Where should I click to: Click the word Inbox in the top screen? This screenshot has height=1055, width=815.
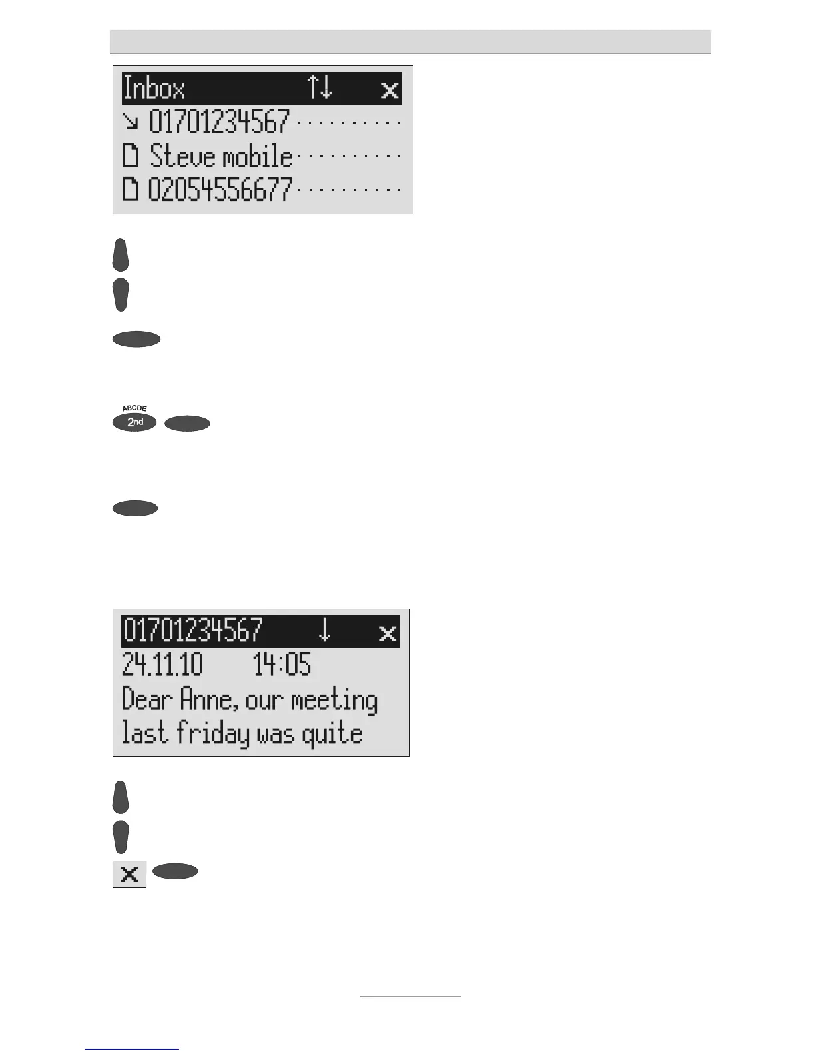click(154, 89)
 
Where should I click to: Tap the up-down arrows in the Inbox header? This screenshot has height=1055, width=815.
click(320, 88)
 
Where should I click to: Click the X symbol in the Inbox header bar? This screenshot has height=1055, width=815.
click(390, 90)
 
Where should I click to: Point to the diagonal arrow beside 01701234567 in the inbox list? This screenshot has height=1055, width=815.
click(131, 122)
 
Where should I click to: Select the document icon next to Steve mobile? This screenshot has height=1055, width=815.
click(131, 157)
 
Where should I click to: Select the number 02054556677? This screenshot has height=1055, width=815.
click(220, 190)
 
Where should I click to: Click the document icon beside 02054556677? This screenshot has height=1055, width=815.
click(131, 190)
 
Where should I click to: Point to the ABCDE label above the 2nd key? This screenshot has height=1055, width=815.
click(135, 408)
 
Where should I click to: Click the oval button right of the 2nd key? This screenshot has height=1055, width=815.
click(187, 424)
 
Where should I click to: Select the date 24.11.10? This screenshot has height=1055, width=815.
click(162, 665)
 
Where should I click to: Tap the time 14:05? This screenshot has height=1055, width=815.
click(282, 665)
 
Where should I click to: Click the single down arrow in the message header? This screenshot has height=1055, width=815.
click(324, 630)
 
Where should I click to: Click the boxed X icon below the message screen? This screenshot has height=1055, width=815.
click(129, 874)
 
